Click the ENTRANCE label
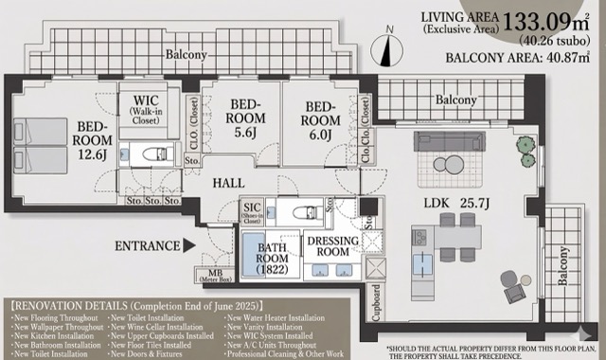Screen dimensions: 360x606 (148, 245)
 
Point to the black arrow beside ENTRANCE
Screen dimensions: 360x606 (190, 245)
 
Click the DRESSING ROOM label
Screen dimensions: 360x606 (330, 246)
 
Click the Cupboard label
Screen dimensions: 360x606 (376, 300)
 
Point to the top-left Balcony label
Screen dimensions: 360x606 (187, 55)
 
